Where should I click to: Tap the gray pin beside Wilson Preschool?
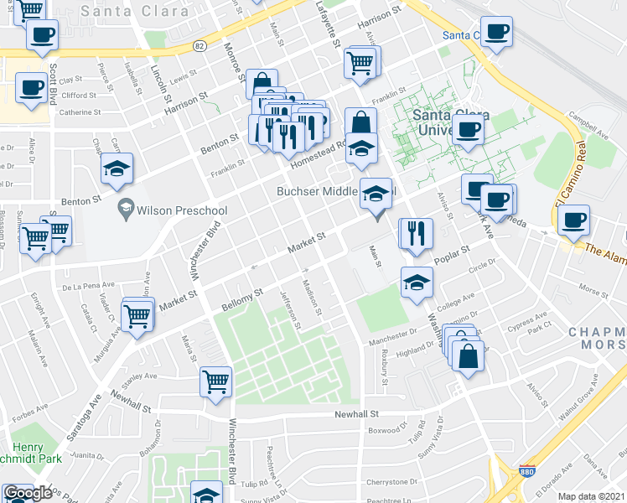[x=126, y=206]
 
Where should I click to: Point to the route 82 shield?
[x=199, y=45]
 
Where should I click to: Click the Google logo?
[x=28, y=493]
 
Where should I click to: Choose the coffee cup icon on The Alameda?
[x=573, y=220]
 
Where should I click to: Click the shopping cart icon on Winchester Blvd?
[x=215, y=381]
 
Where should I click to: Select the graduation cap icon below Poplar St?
[x=417, y=283]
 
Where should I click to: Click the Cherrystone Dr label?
[x=392, y=482]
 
